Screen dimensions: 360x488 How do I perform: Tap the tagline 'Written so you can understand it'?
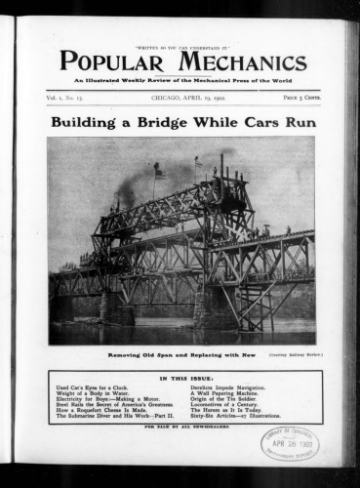180,46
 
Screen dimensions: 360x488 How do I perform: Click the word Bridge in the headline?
175,124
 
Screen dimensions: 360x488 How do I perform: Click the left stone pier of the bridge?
103,308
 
